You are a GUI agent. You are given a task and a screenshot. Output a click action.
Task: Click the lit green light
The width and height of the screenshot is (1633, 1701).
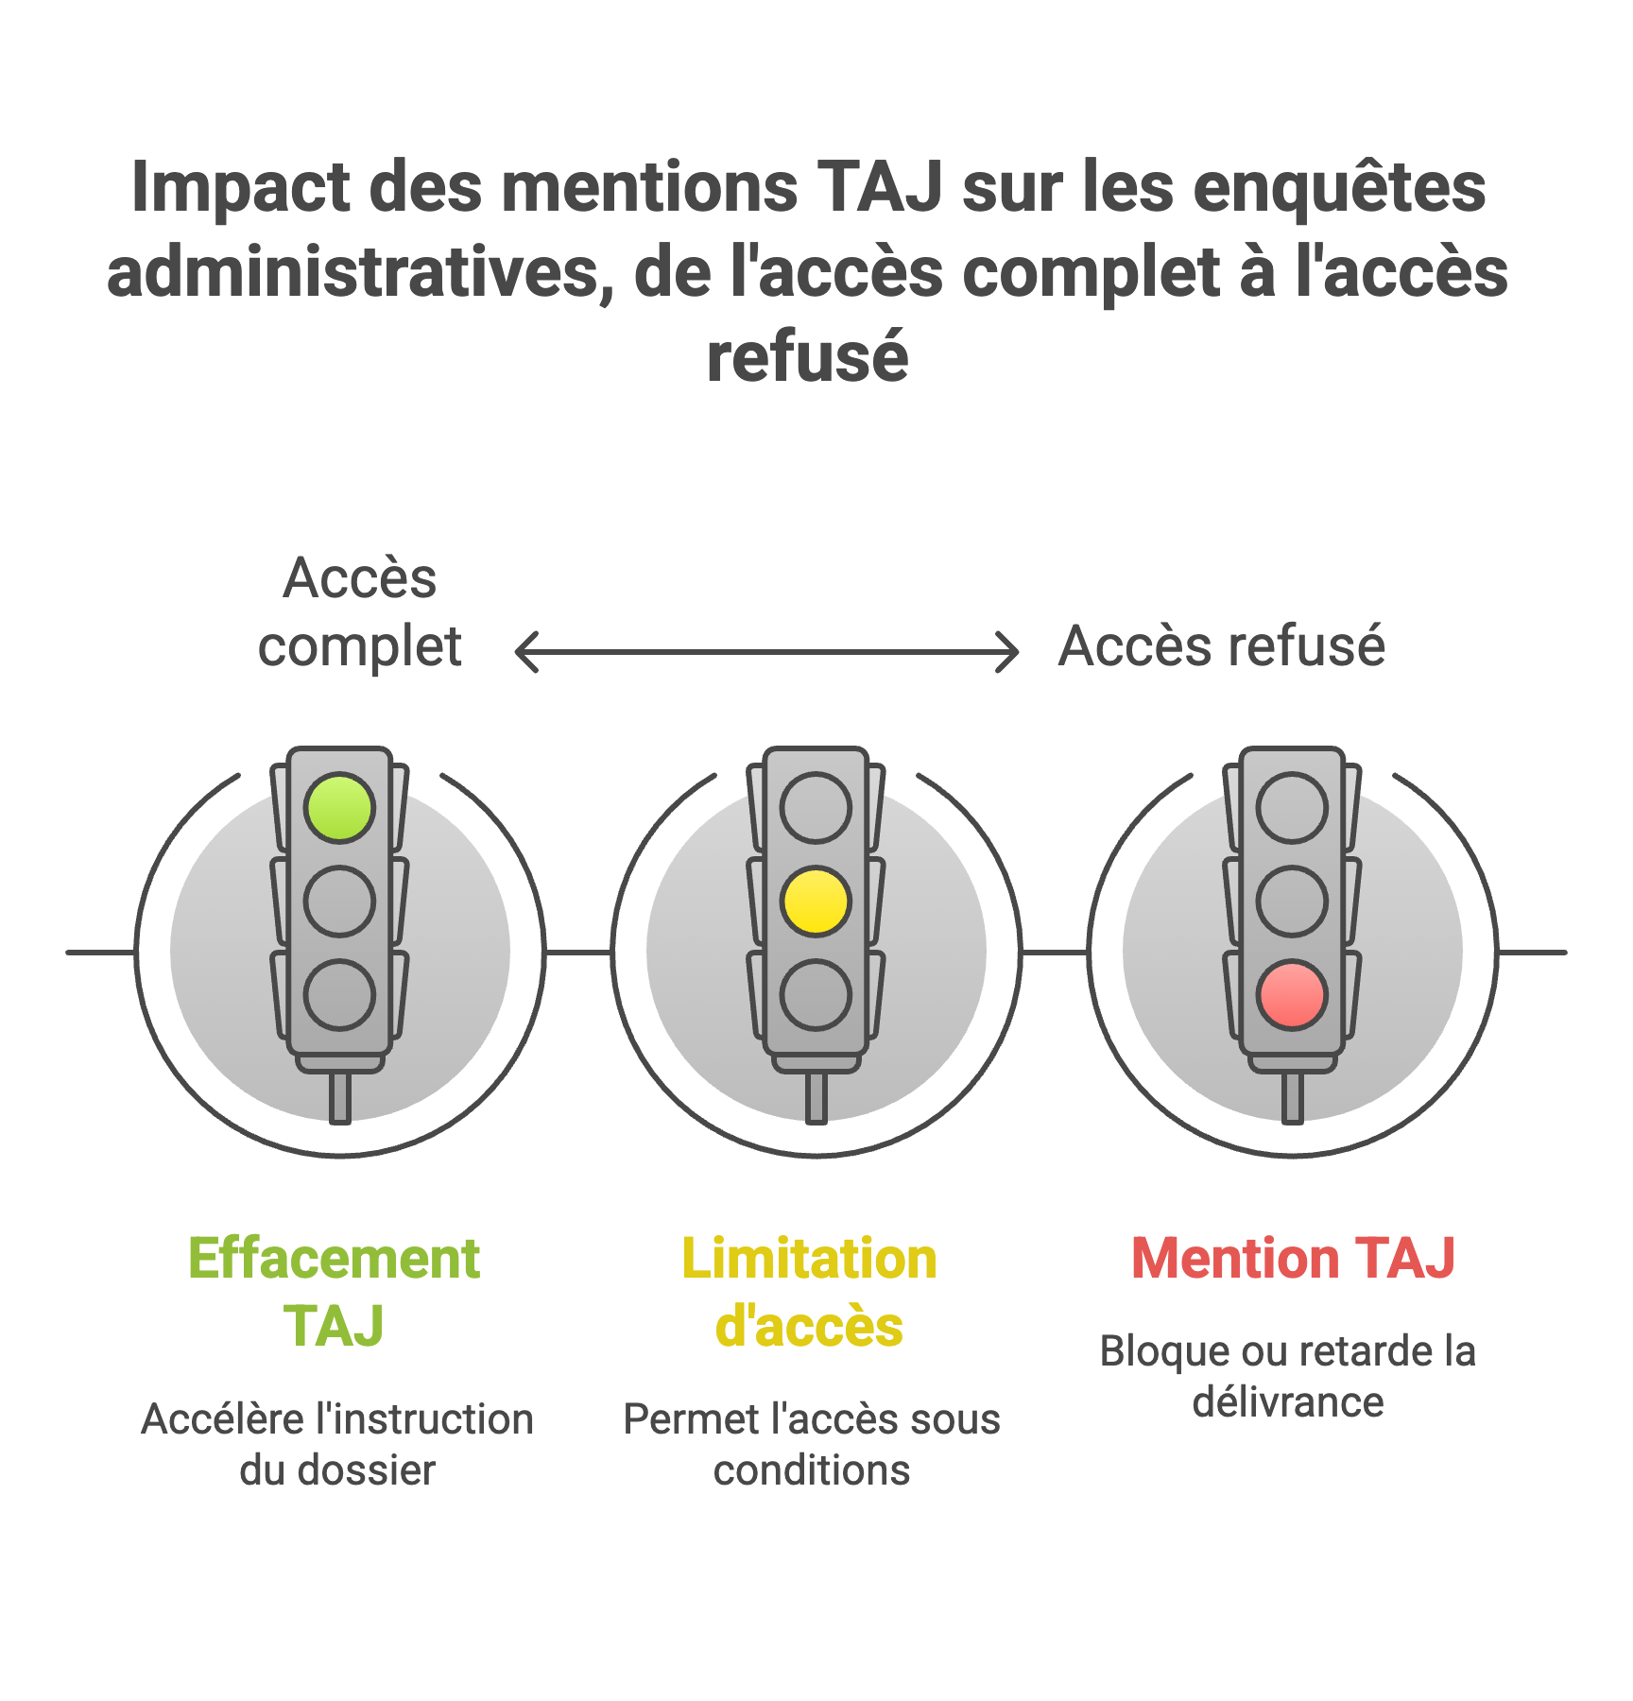click(x=339, y=808)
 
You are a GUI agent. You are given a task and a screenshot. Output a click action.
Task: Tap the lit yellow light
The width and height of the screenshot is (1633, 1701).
click(x=816, y=902)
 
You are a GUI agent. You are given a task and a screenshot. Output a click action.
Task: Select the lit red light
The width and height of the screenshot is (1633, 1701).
click(x=1292, y=995)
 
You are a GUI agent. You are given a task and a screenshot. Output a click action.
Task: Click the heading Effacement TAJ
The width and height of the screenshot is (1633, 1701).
click(x=334, y=1291)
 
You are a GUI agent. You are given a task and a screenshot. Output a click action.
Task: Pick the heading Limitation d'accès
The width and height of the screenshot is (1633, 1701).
click(x=810, y=1291)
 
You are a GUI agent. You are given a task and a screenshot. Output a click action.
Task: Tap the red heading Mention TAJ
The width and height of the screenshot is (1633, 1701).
click(x=1293, y=1258)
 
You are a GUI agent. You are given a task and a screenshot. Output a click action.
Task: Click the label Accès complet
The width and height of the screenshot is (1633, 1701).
click(x=360, y=612)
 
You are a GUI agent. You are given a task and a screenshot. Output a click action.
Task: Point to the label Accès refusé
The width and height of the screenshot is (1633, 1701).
click(x=1221, y=647)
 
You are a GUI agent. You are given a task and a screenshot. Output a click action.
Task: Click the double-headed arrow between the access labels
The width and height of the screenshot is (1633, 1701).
click(x=766, y=652)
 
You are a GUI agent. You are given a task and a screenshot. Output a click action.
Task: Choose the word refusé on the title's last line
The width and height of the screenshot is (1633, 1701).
click(x=808, y=357)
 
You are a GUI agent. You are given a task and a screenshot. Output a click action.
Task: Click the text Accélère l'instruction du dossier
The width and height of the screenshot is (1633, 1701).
click(x=337, y=1444)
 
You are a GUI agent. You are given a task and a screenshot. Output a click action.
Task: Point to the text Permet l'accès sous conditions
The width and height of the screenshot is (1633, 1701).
click(x=812, y=1444)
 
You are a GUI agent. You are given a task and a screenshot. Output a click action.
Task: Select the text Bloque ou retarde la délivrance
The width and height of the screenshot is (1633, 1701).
click(x=1288, y=1376)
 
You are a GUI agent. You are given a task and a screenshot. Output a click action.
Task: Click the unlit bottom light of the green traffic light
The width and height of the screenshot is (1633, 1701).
click(x=339, y=995)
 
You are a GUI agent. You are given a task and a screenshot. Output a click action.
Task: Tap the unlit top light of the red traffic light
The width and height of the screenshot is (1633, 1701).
click(x=1292, y=808)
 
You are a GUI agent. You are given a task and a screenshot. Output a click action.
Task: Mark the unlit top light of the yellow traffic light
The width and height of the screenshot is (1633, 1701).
click(x=816, y=808)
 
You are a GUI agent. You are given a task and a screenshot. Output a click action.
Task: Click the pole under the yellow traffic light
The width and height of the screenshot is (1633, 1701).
click(x=816, y=1098)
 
